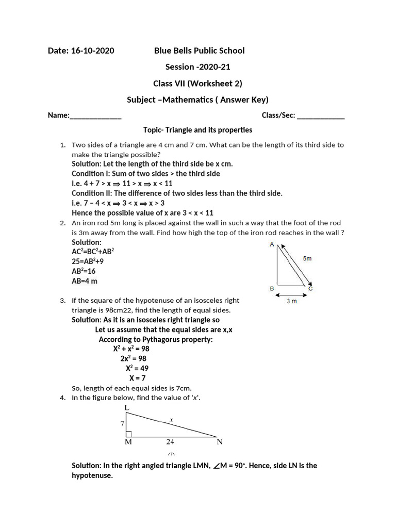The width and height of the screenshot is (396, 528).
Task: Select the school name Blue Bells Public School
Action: [200, 51]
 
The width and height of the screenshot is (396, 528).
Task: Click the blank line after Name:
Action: [95, 117]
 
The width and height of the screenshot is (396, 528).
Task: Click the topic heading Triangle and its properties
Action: [197, 130]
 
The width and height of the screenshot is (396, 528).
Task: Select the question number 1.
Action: [62, 145]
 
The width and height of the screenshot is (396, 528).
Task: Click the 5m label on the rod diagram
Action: [307, 258]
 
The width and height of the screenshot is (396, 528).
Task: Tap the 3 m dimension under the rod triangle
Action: [291, 301]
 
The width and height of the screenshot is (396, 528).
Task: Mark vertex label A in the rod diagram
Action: [272, 244]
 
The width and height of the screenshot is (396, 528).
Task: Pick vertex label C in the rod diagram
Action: [310, 289]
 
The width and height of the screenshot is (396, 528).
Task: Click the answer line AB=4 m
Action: [85, 281]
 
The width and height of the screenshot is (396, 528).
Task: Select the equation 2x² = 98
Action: [134, 358]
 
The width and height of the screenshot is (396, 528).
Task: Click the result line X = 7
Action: [137, 378]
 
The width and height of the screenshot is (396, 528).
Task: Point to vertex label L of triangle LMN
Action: [127, 408]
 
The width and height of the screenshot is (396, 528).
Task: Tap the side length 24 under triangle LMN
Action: [170, 442]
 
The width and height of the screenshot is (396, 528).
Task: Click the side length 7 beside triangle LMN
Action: [122, 424]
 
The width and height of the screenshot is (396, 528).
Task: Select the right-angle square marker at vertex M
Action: [129, 434]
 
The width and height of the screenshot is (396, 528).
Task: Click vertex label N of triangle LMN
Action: [219, 442]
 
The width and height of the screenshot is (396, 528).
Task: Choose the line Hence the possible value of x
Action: [142, 212]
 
